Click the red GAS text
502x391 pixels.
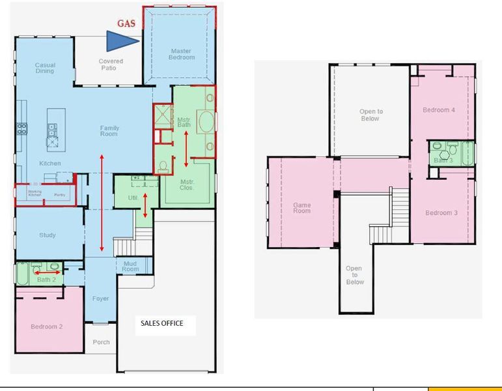pyautogui.click(x=126, y=23)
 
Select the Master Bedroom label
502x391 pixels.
pyautogui.click(x=182, y=54)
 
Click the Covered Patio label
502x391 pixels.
pyautogui.click(x=110, y=65)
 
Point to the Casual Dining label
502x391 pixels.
pyautogui.click(x=44, y=68)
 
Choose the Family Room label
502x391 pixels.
pyautogui.click(x=109, y=131)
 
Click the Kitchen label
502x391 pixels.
pyautogui.click(x=50, y=164)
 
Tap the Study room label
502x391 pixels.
pyautogui.click(x=47, y=235)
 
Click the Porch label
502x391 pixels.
pyautogui.click(x=101, y=342)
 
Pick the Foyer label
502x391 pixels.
pyautogui.click(x=100, y=299)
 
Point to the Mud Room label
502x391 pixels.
pyautogui.click(x=130, y=267)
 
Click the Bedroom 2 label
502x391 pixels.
pyautogui.click(x=46, y=326)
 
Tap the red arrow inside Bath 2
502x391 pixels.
pyautogui.click(x=48, y=272)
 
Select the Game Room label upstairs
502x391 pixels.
pyautogui.click(x=301, y=208)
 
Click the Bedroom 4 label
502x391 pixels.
pyautogui.click(x=439, y=110)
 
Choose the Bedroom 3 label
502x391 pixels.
pyautogui.click(x=441, y=213)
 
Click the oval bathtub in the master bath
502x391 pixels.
pyautogui.click(x=206, y=122)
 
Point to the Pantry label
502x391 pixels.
pyautogui.click(x=59, y=194)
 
